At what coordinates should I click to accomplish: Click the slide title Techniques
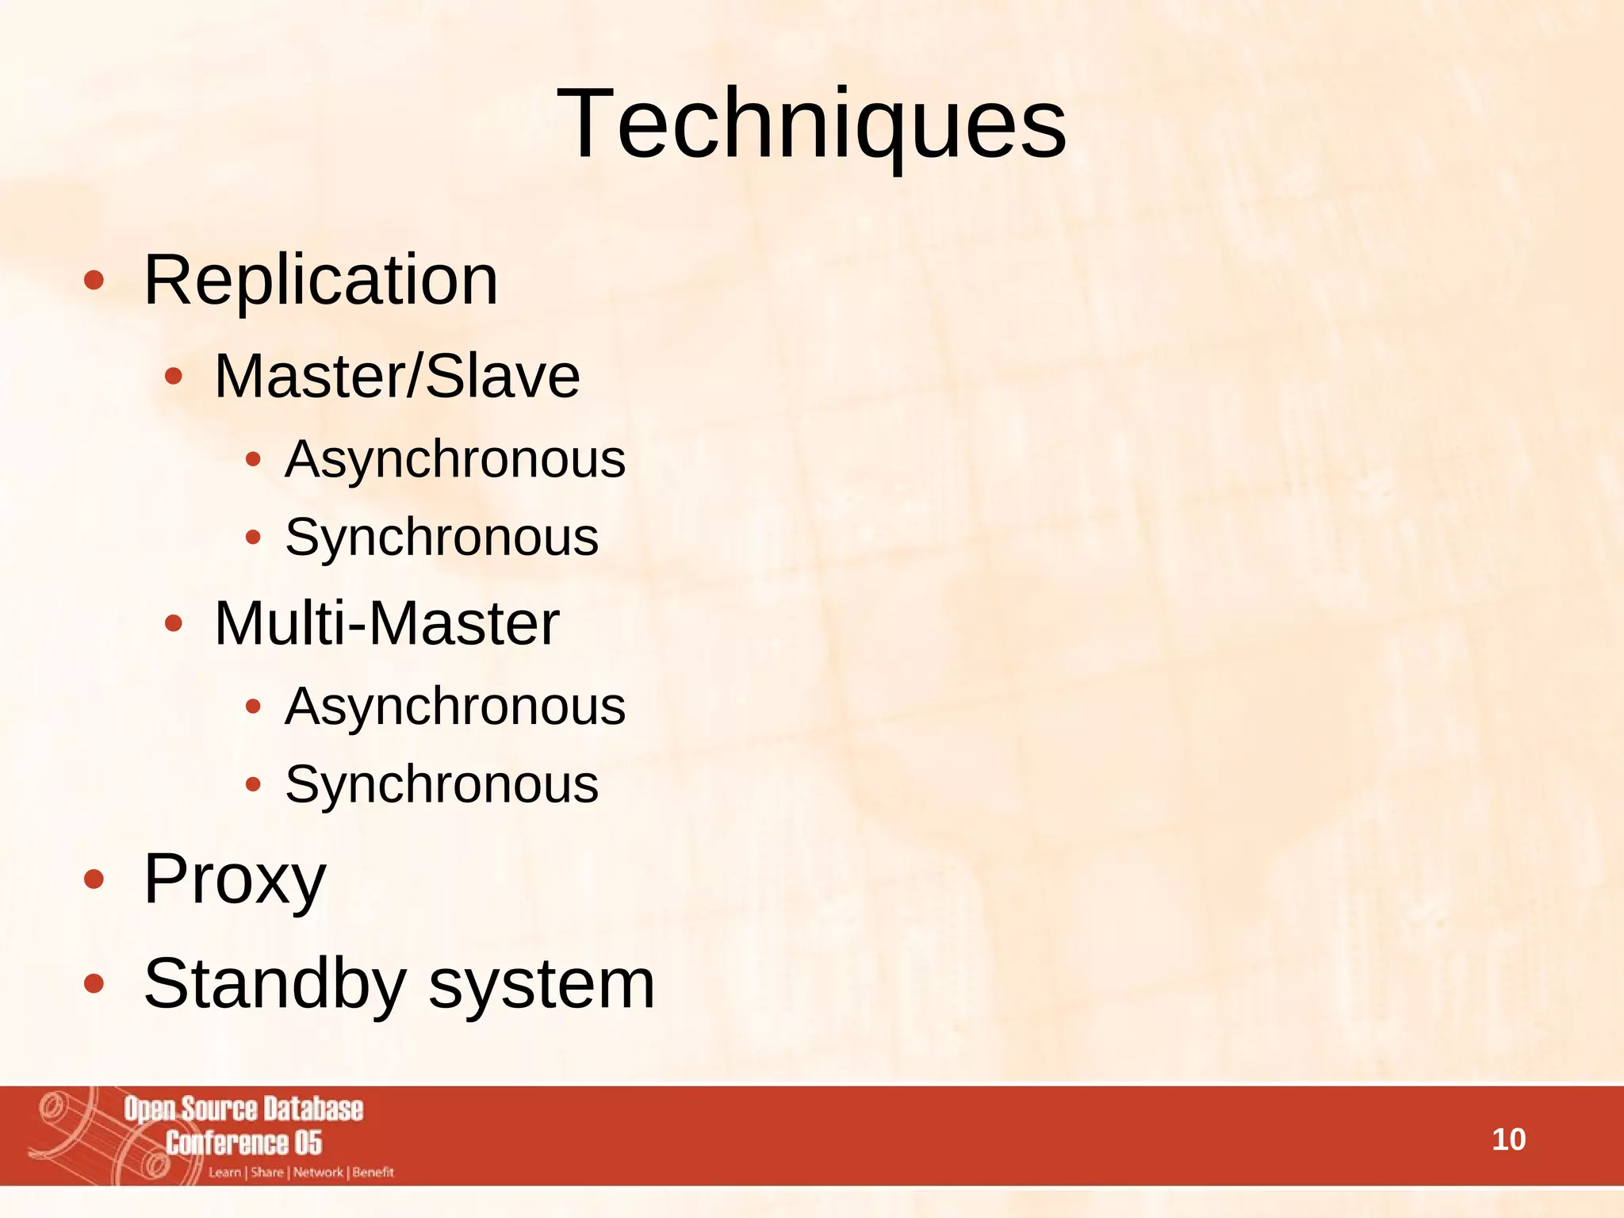click(811, 124)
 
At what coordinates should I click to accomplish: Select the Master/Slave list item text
click(396, 376)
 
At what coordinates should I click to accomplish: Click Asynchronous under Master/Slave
click(455, 459)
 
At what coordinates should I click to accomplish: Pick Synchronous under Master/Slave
click(442, 537)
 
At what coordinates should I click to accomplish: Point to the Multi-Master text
click(387, 623)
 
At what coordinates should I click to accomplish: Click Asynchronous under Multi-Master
click(455, 706)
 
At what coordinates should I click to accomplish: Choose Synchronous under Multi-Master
click(442, 784)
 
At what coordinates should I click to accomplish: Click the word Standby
click(274, 983)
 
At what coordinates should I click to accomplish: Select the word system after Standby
click(542, 985)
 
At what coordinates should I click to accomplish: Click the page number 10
click(1508, 1139)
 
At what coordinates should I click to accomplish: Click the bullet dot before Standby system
click(94, 983)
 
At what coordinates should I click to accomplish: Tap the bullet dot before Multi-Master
click(173, 624)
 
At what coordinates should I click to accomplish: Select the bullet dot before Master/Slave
click(173, 377)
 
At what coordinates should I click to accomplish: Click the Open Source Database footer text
click(243, 1109)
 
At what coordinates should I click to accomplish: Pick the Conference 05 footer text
click(243, 1143)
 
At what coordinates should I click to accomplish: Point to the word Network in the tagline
click(318, 1172)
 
